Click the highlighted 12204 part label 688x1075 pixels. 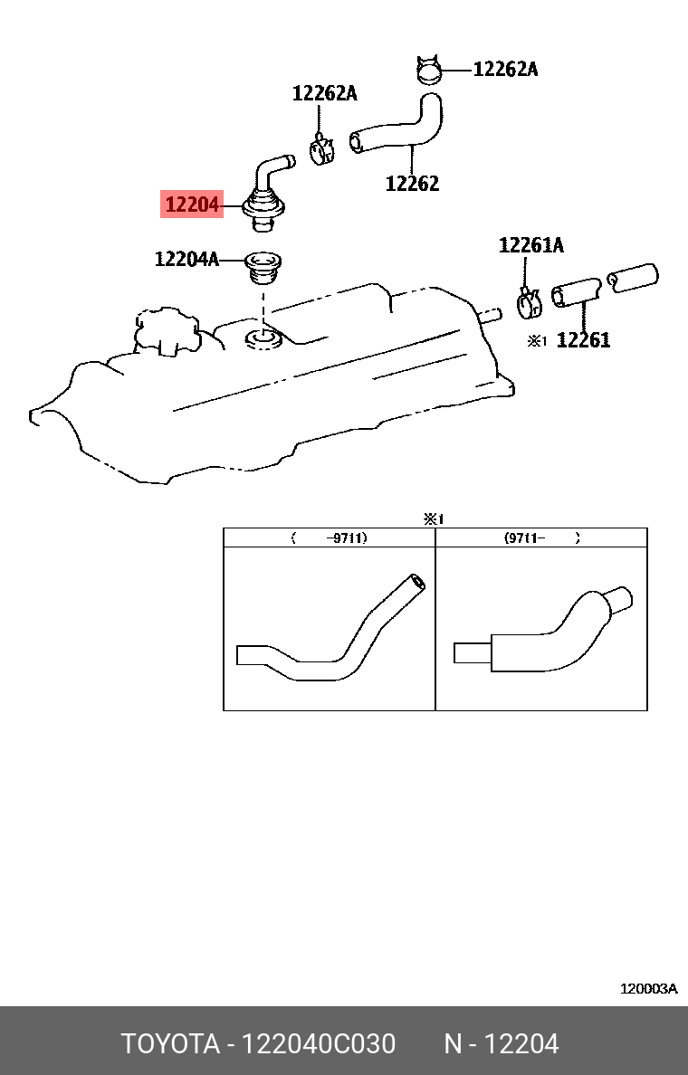[192, 205]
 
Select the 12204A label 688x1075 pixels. [186, 260]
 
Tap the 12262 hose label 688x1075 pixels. [412, 183]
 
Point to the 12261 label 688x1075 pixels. [583, 340]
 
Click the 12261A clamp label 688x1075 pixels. [531, 245]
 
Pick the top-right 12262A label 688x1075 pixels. [505, 69]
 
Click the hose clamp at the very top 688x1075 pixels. [428, 70]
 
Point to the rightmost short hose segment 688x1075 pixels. [634, 278]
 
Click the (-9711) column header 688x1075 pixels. [330, 537]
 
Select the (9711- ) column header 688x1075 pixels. [541, 537]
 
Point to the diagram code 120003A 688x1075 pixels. [648, 989]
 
